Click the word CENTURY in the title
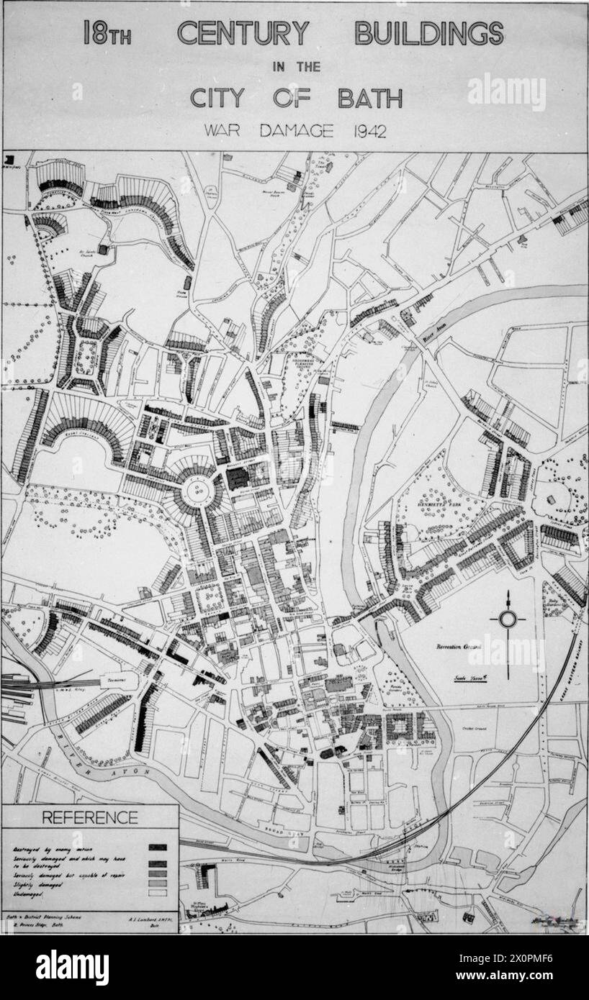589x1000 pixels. pos(243,33)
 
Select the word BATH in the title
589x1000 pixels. pos(370,97)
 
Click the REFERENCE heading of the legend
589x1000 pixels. pos(89,817)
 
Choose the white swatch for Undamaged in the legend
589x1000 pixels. pos(158,893)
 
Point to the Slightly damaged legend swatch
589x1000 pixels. pos(158,883)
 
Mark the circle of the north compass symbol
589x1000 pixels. pos(508,619)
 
